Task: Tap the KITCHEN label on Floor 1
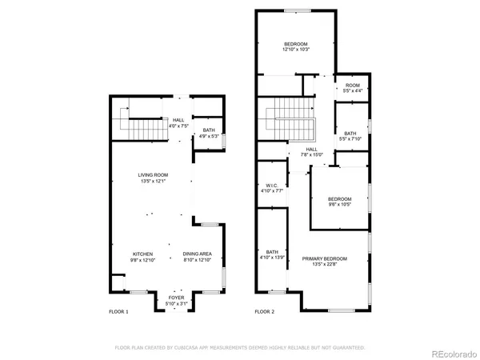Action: [142, 254]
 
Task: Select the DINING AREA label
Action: [197, 254]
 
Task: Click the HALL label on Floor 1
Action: [178, 120]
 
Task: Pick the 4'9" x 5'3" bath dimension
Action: [208, 135]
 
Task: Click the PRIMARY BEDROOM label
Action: [324, 258]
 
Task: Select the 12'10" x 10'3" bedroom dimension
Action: [295, 50]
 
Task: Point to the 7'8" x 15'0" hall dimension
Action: [312, 154]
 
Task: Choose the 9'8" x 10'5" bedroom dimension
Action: [339, 204]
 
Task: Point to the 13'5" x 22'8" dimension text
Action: [324, 264]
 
